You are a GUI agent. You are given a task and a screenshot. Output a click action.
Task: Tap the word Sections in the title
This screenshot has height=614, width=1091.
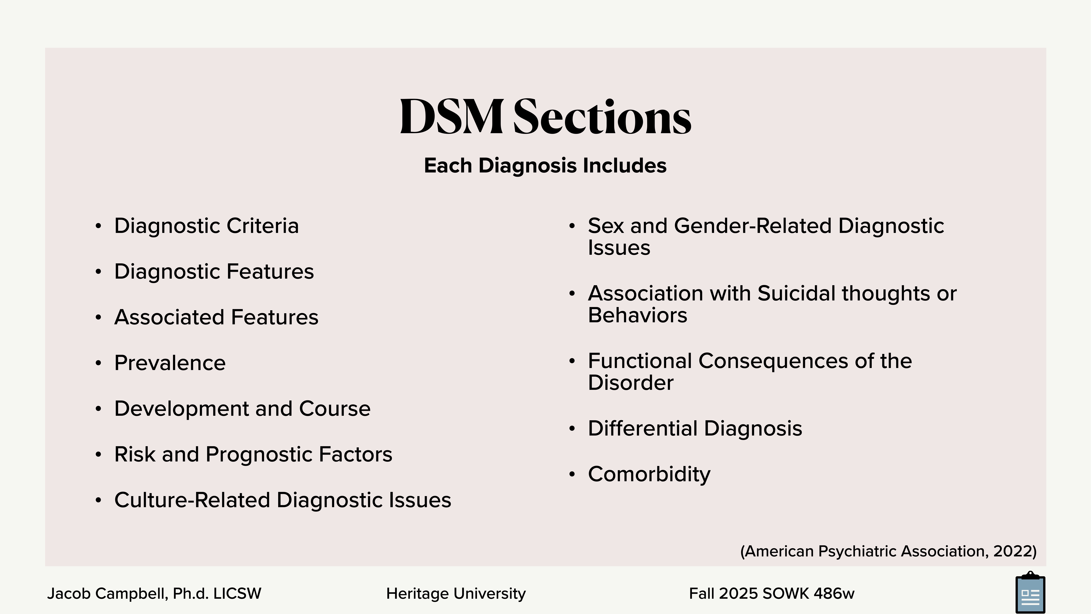[x=602, y=117]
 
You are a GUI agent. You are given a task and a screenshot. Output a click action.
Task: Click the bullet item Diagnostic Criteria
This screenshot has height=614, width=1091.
[x=206, y=226]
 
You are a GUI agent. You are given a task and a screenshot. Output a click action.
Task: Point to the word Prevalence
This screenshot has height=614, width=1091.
[x=170, y=363]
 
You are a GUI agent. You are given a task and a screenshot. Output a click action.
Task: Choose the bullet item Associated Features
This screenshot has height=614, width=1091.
[x=216, y=317]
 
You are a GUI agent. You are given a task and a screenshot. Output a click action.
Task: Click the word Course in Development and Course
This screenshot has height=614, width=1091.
[x=335, y=409]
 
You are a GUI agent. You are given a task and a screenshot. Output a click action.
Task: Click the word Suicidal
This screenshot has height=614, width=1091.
[x=796, y=294]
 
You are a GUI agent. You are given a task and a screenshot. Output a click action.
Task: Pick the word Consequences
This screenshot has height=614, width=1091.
[x=773, y=361]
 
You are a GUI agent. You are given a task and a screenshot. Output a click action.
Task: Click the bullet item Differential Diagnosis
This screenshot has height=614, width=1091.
[x=695, y=428]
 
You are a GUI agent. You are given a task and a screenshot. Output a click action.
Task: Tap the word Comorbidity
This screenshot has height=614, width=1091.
[x=649, y=474]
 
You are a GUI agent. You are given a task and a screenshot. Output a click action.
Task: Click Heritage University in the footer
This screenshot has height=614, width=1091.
[x=456, y=594]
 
